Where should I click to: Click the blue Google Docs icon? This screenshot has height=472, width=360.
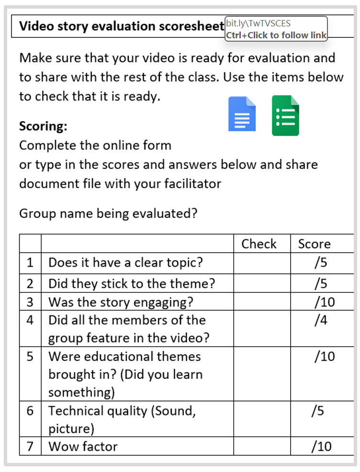[242, 114]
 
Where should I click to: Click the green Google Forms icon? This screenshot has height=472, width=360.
[285, 115]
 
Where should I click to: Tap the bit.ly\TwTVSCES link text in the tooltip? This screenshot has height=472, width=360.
[258, 23]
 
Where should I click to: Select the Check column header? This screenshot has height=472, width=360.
[259, 244]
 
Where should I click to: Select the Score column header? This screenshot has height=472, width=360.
[314, 244]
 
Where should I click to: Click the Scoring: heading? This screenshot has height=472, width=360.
[43, 126]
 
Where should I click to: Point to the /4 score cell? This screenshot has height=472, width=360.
[321, 320]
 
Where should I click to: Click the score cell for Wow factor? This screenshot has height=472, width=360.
[321, 446]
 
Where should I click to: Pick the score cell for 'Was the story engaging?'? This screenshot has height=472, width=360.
[324, 302]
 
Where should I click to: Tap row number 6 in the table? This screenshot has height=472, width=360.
[30, 411]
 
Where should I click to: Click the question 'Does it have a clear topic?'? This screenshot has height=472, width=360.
[125, 262]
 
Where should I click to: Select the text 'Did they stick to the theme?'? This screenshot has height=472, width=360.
[132, 283]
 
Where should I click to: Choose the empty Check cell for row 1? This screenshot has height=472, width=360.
[261, 262]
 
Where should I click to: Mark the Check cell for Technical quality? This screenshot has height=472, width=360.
[261, 418]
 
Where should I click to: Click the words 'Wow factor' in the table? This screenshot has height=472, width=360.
[83, 446]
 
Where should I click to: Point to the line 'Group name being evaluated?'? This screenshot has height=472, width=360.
[108, 213]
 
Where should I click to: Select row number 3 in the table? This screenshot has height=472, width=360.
[30, 302]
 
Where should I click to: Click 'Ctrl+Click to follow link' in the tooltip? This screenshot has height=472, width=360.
[276, 35]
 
